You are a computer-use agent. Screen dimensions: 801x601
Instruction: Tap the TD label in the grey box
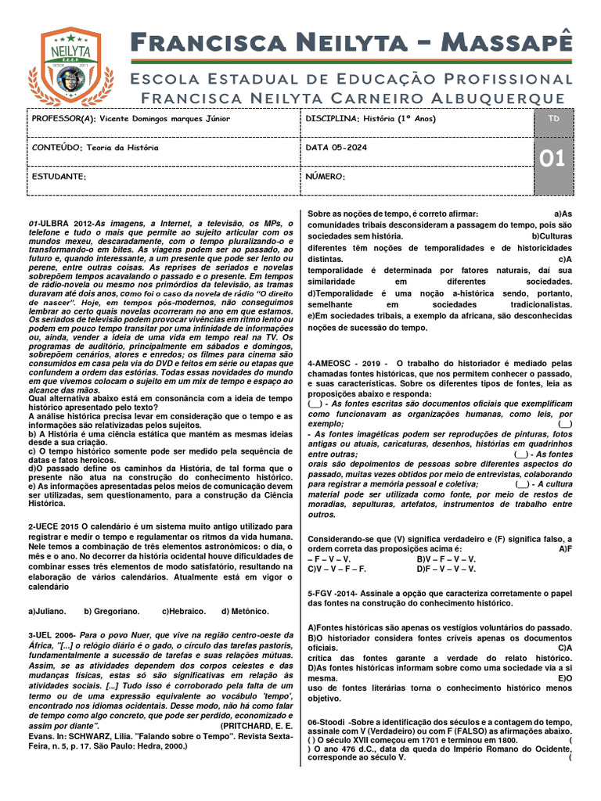(x=554, y=117)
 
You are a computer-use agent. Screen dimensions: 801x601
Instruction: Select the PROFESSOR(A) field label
(x=62, y=118)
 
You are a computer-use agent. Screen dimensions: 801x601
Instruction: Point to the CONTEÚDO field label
(x=55, y=147)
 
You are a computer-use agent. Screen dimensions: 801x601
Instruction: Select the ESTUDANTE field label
(x=59, y=177)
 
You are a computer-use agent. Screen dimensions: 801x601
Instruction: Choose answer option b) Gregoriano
(x=112, y=611)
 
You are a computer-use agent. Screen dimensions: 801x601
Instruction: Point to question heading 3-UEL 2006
(x=52, y=634)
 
